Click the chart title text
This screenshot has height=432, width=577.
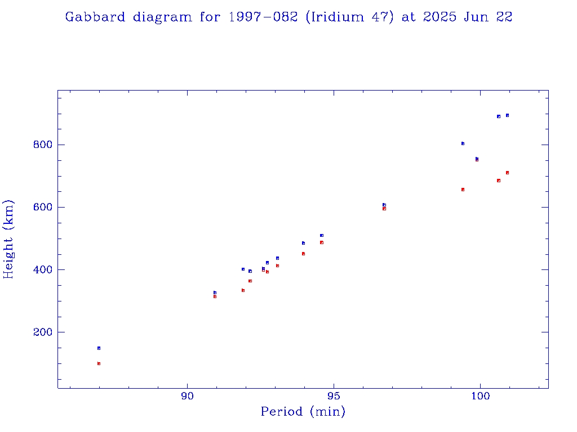click(x=288, y=17)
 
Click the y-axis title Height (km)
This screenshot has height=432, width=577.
click(x=9, y=239)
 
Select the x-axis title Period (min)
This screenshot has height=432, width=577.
click(x=303, y=412)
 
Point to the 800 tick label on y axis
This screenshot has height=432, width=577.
click(x=42, y=145)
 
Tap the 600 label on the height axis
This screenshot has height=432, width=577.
click(x=42, y=207)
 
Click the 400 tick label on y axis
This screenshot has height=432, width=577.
click(x=42, y=269)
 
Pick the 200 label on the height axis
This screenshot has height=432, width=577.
click(x=42, y=332)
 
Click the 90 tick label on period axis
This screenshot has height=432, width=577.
click(x=188, y=397)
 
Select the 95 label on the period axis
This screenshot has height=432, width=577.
click(x=334, y=397)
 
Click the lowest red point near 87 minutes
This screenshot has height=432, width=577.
click(x=99, y=363)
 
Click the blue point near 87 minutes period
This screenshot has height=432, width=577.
click(x=99, y=348)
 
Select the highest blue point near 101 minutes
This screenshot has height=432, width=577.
click(x=507, y=115)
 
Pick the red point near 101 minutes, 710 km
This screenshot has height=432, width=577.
click(x=507, y=173)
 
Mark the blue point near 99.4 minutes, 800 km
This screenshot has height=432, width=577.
click(x=463, y=143)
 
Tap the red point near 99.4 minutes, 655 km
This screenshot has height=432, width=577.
click(x=463, y=190)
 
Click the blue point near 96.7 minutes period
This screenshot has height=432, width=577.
click(x=384, y=205)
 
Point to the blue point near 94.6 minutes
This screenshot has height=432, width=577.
click(x=322, y=235)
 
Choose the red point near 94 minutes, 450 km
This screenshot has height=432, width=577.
click(x=303, y=254)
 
